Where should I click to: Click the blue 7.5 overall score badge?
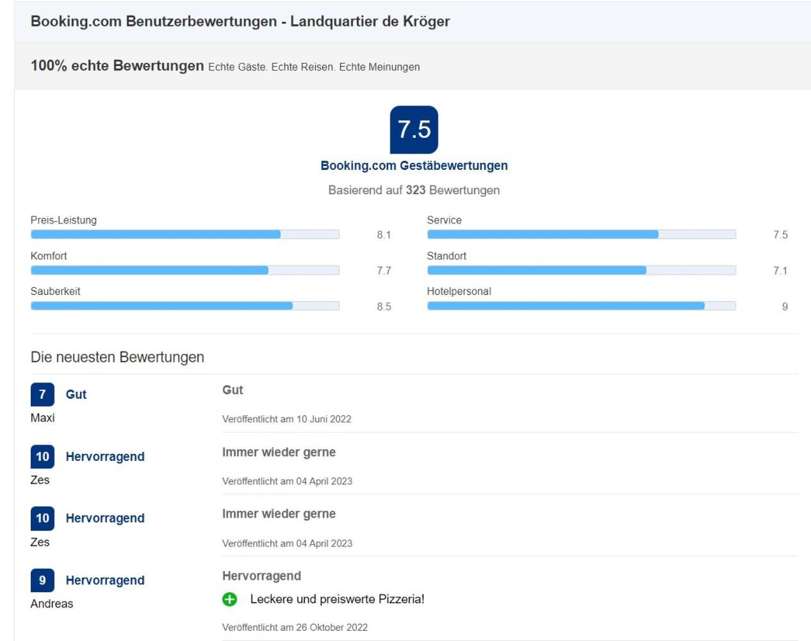pyautogui.click(x=414, y=129)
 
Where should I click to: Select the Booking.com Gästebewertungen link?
pyautogui.click(x=414, y=165)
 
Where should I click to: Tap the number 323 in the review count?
pyautogui.click(x=415, y=190)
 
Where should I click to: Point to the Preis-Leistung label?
pyautogui.click(x=63, y=221)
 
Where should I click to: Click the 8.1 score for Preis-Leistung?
pyautogui.click(x=384, y=235)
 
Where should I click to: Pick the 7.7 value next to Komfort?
pyautogui.click(x=384, y=271)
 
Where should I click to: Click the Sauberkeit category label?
pyautogui.click(x=55, y=291)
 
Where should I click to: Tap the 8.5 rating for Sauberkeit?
pyautogui.click(x=384, y=306)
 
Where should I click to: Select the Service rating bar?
pyautogui.click(x=582, y=234)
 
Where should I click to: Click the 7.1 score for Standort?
pyautogui.click(x=780, y=271)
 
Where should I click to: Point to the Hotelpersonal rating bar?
pyautogui.click(x=582, y=305)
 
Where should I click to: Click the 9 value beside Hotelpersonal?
pyautogui.click(x=785, y=306)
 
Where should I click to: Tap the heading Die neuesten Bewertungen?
pyautogui.click(x=117, y=357)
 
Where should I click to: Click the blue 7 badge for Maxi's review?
pyautogui.click(x=42, y=394)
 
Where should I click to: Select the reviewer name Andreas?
pyautogui.click(x=52, y=604)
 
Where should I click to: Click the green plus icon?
pyautogui.click(x=229, y=599)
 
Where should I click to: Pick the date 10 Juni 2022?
pyautogui.click(x=324, y=419)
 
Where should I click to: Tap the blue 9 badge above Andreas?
pyautogui.click(x=42, y=580)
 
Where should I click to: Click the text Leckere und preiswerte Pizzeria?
pyautogui.click(x=338, y=599)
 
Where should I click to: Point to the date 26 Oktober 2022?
pyautogui.click(x=332, y=627)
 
